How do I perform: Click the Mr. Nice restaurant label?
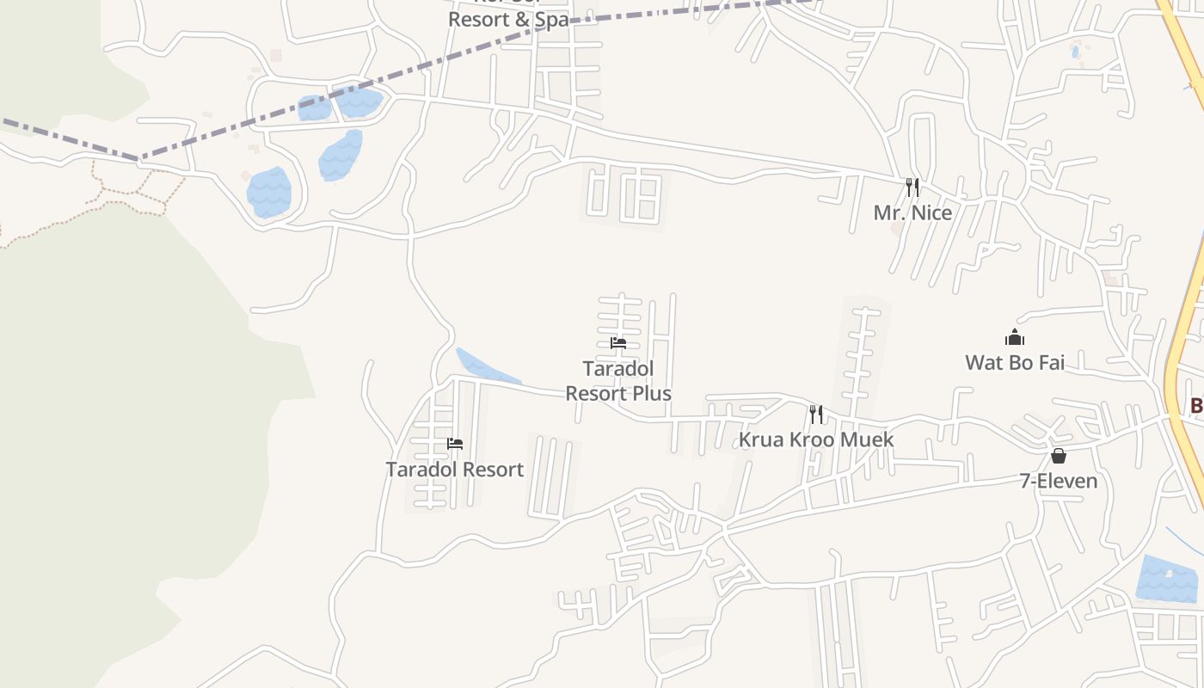(x=912, y=212)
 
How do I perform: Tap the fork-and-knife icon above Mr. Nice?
(x=912, y=187)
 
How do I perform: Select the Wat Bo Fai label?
(x=1015, y=362)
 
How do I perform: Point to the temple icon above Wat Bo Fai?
(x=1015, y=337)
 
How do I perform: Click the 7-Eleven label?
(x=1058, y=481)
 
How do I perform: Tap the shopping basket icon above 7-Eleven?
(x=1059, y=455)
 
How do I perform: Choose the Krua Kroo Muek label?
(x=816, y=439)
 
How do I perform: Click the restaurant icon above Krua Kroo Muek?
(x=816, y=415)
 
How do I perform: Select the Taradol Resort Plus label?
(x=617, y=381)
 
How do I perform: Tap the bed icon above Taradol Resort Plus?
(x=617, y=343)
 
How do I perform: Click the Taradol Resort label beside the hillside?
(x=454, y=470)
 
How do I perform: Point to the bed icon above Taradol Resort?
(x=455, y=444)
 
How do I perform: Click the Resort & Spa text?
(x=508, y=19)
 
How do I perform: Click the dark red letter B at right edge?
(x=1196, y=405)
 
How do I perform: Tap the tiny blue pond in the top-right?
(x=1075, y=52)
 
